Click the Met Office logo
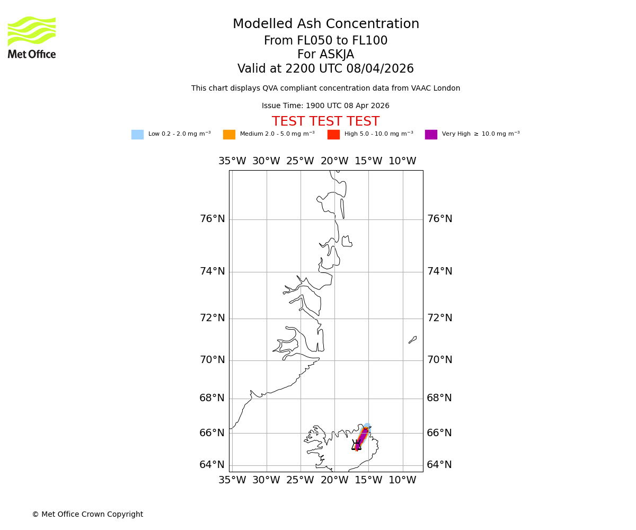(x=32, y=37)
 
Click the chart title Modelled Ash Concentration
(x=325, y=24)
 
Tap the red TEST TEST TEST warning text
(x=325, y=122)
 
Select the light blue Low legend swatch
(x=137, y=135)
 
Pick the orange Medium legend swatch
(x=229, y=135)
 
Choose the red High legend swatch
(x=333, y=135)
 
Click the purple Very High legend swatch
(x=431, y=135)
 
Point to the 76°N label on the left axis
(x=212, y=219)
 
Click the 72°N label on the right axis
(x=440, y=318)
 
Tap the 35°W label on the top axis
(x=232, y=161)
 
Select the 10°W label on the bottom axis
(x=402, y=480)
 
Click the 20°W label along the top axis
(x=334, y=161)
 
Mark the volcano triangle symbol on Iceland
(x=356, y=446)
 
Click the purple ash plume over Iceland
(x=363, y=437)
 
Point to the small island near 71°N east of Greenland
(x=412, y=340)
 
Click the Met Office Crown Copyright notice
(x=87, y=514)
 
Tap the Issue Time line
(x=325, y=106)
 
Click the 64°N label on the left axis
(x=212, y=465)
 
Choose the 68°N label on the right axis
(x=439, y=398)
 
